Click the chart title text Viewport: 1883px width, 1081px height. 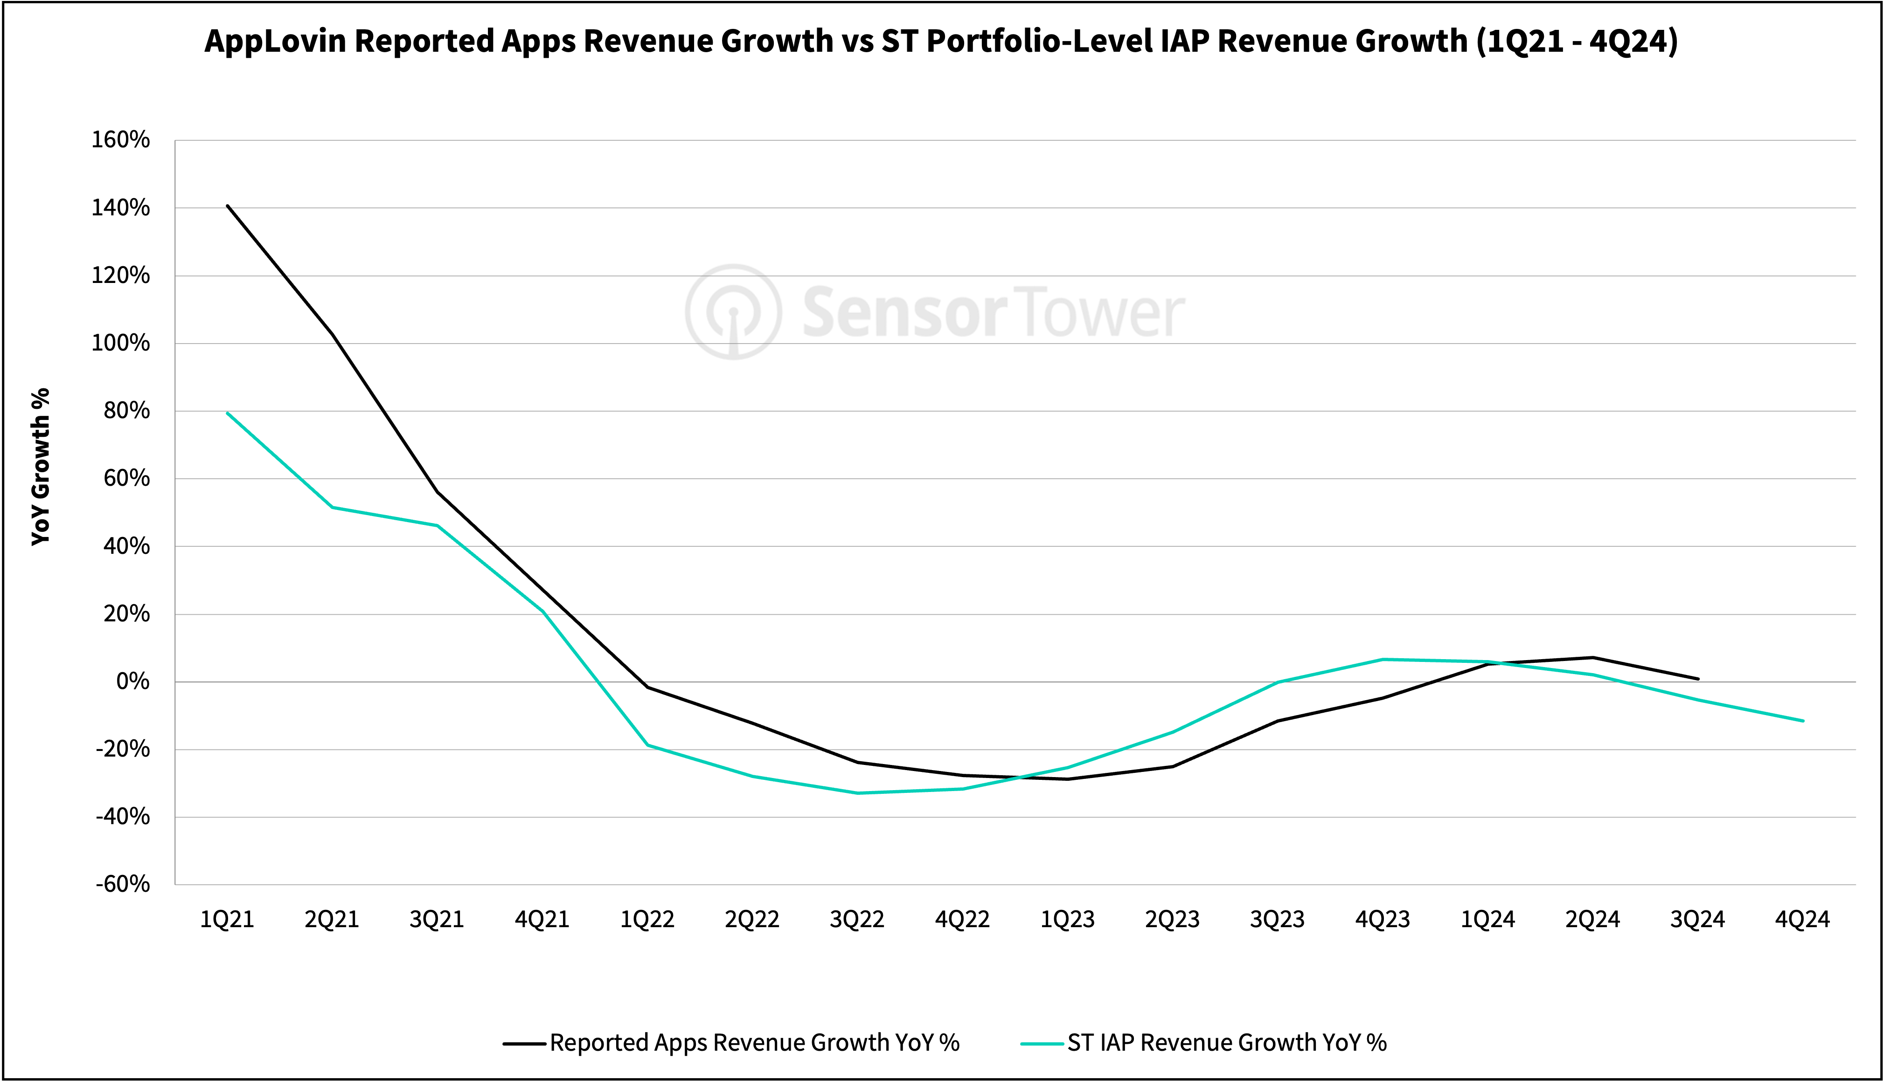(941, 41)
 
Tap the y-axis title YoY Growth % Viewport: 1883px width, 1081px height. (41, 466)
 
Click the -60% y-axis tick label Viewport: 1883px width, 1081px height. (123, 884)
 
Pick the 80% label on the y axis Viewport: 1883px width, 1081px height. (126, 411)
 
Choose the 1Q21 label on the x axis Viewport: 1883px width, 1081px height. (227, 920)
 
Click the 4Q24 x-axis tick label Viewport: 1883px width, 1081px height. (1802, 920)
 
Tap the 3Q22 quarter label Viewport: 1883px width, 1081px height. (857, 920)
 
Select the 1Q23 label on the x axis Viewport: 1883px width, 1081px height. (1067, 920)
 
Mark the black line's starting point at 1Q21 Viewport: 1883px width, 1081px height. (227, 206)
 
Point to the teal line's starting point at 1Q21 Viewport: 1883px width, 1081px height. (227, 413)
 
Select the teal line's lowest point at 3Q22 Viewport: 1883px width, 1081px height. (858, 793)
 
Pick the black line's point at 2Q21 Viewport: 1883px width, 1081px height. (332, 334)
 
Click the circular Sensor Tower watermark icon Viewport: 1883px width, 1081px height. (733, 312)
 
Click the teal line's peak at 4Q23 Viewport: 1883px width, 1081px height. (1383, 659)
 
